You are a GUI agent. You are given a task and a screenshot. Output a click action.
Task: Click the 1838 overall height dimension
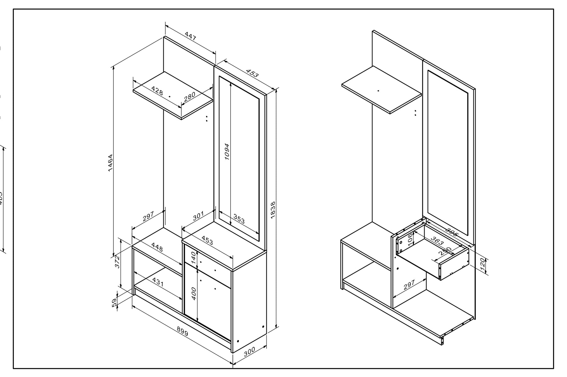point(273,210)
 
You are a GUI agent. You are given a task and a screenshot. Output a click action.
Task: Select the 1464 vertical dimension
point(110,163)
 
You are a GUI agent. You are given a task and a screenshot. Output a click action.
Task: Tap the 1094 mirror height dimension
point(227,152)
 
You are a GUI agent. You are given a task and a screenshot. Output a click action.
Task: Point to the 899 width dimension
point(182,332)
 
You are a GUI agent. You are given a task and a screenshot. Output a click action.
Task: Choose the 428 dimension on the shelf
point(157,91)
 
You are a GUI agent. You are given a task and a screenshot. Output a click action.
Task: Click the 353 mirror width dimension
point(239,219)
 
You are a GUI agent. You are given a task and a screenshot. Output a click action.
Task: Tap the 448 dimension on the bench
point(157,247)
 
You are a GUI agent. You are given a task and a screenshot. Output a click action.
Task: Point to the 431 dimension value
point(158,282)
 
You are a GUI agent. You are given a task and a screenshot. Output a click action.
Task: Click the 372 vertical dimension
point(117,262)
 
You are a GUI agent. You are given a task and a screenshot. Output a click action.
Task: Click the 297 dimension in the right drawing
point(409,285)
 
